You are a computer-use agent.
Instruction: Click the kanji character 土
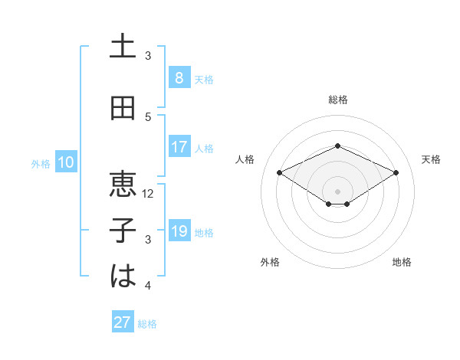point(123,47)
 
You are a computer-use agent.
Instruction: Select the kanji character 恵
point(123,185)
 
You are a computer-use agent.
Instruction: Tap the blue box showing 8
point(179,78)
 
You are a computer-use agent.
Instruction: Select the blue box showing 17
point(179,147)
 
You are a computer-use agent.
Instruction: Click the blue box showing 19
point(179,231)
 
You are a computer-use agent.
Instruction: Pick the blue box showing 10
point(65,162)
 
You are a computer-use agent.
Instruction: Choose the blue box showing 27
point(123,322)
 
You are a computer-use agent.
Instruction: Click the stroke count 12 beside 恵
point(149,194)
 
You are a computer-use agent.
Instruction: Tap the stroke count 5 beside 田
point(149,117)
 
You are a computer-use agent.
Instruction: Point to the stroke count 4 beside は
point(149,286)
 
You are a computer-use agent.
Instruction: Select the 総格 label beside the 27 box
point(147,324)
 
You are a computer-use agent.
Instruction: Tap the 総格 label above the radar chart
point(337,100)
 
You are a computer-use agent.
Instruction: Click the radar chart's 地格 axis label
point(402,262)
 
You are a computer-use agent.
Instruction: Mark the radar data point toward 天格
point(396,172)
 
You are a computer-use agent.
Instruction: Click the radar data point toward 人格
point(279,172)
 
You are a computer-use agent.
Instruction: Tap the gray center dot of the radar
point(337,191)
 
